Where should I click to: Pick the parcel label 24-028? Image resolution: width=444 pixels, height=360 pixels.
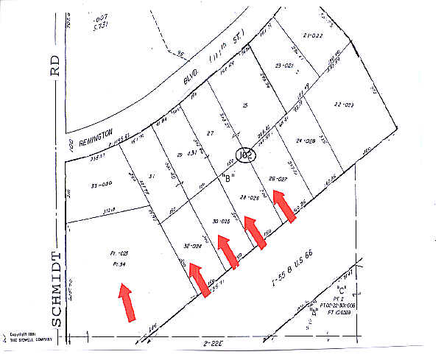[306, 141]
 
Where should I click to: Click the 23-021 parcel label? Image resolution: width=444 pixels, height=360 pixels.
[284, 66]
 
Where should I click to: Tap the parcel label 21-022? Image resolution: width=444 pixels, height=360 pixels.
[314, 35]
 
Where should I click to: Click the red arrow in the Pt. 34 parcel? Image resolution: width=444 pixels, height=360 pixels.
[127, 302]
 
